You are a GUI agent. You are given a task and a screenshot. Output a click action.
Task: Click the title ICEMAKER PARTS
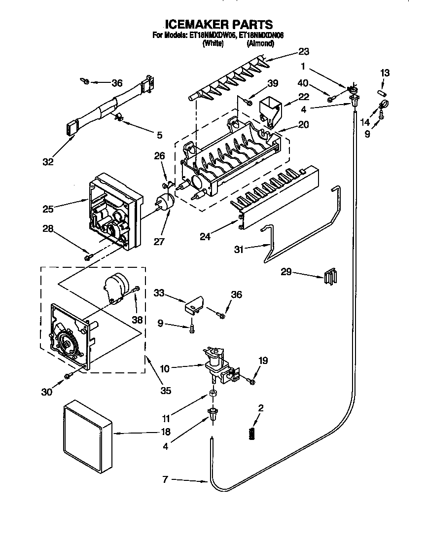tap(218, 24)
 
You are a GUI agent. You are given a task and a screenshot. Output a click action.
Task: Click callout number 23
tap(304, 51)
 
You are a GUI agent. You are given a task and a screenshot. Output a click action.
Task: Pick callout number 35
tap(165, 391)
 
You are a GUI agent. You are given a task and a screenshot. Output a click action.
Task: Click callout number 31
tap(239, 250)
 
